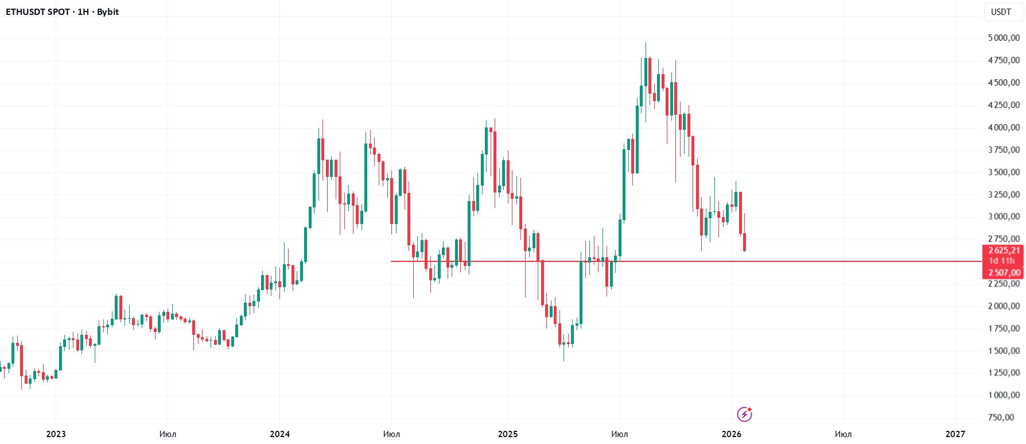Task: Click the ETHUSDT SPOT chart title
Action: tap(62, 11)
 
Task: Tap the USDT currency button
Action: tap(1001, 11)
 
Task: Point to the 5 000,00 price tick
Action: tap(1004, 38)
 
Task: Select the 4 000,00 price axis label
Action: tap(1004, 128)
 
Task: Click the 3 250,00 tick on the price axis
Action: tap(1004, 195)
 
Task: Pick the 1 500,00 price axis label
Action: tap(1004, 351)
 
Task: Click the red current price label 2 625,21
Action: tap(1004, 250)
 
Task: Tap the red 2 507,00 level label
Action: tap(1004, 273)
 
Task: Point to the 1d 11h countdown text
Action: tap(1001, 261)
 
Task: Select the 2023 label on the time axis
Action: tap(56, 434)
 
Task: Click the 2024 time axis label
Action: tap(279, 434)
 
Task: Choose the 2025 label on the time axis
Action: tap(508, 434)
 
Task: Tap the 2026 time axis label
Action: tap(732, 434)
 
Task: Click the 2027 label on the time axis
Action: tap(955, 434)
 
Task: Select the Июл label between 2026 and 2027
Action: tap(843, 434)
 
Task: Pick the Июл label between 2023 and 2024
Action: tap(168, 434)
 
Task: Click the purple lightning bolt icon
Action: tap(744, 414)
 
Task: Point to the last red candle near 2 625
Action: tap(744, 242)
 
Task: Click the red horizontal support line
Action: tap(803, 261)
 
